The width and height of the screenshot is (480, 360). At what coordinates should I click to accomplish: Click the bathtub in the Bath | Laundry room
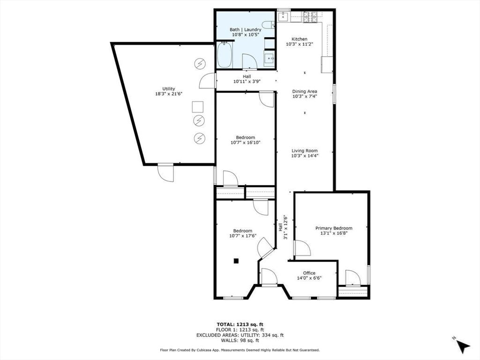point(225,56)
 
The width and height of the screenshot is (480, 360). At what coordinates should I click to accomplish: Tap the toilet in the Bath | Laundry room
point(269,25)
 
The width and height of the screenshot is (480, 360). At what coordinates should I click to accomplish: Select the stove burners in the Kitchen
point(310,17)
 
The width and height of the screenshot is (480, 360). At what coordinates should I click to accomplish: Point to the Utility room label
point(169,89)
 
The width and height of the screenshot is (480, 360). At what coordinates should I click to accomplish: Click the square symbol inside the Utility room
point(198,107)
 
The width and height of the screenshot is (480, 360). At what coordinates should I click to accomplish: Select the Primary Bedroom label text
point(334,228)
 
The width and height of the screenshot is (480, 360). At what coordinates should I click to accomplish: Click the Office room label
point(309,273)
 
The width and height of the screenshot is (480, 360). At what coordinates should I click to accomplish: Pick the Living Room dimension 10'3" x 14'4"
point(305,156)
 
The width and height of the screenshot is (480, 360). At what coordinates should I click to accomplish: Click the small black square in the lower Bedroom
point(237,261)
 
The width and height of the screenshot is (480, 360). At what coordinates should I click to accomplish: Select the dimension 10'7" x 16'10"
point(245,142)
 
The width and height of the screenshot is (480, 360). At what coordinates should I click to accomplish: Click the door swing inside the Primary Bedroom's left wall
point(301,247)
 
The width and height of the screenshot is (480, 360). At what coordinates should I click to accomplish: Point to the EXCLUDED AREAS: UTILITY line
point(240,335)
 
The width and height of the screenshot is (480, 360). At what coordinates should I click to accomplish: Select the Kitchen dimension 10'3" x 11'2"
point(300,44)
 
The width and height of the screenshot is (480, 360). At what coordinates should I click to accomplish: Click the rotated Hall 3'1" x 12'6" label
point(283,227)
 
